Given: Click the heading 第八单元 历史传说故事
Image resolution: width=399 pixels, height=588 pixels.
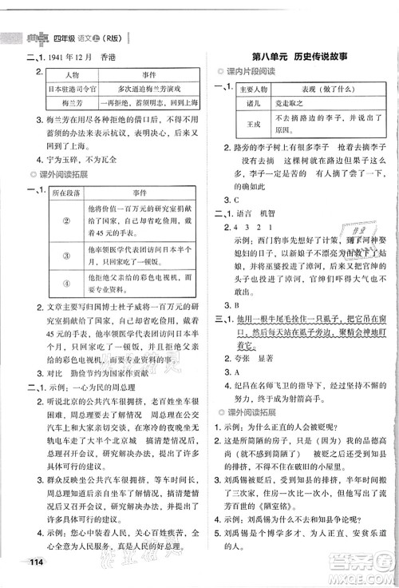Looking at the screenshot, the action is point(296,53).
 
